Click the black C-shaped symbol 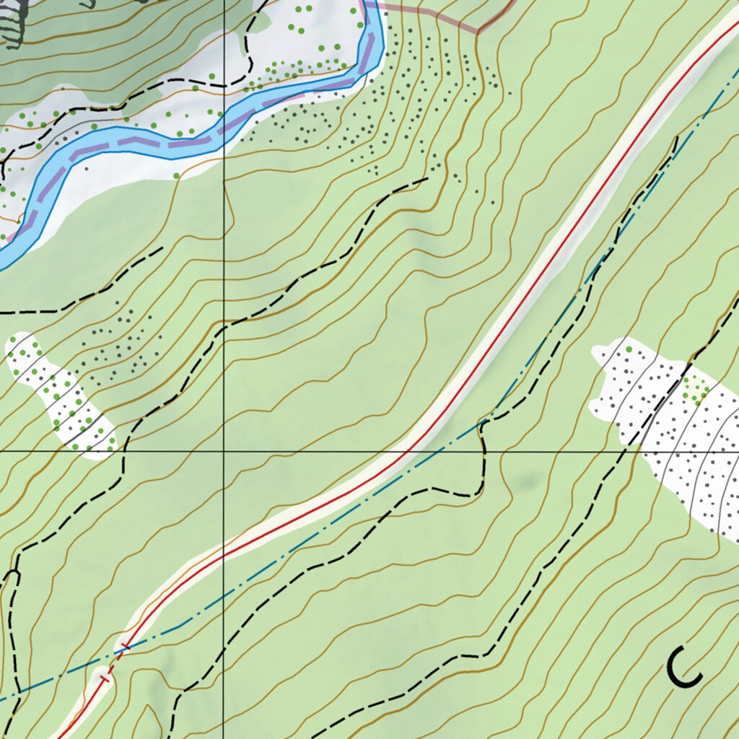(x=683, y=667)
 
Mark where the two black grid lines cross (x=224, y=451)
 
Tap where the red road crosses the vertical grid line (x=224, y=556)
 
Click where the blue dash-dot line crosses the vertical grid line (x=224, y=592)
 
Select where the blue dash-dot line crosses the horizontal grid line (x=452, y=451)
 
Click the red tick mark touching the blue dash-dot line (x=126, y=645)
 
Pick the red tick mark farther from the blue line (x=105, y=678)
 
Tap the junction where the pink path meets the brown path (x=478, y=32)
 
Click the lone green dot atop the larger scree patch (x=629, y=349)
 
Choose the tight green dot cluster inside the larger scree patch (x=696, y=390)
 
